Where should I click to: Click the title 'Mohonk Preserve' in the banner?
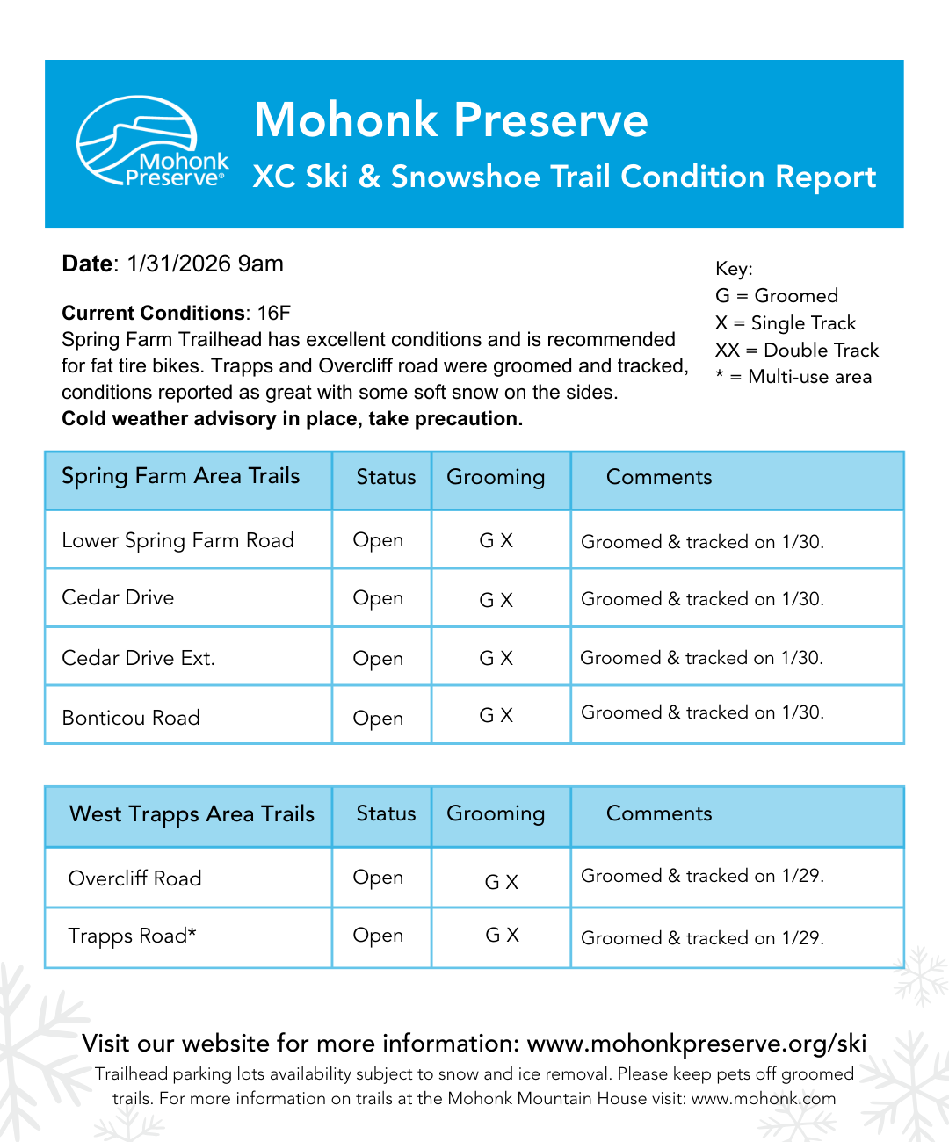451,120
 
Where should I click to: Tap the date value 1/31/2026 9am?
205,264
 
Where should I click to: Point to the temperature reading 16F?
273,314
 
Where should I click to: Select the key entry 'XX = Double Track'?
796,350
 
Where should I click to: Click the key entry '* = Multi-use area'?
793,377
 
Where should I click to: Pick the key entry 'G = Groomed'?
777,295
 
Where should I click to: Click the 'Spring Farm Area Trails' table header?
181,476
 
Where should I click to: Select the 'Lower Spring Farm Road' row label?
177,540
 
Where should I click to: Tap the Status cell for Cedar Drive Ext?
378,658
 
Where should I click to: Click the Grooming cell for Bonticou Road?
496,716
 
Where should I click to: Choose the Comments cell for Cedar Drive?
702,599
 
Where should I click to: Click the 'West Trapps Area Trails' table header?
192,814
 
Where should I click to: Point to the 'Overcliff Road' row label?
135,878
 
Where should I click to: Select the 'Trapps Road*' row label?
132,936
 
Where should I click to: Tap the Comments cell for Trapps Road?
702,938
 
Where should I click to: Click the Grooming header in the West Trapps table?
496,813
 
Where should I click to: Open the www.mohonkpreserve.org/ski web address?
697,1044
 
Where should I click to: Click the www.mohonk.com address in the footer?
763,1099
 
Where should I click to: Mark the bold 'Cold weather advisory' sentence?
292,419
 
